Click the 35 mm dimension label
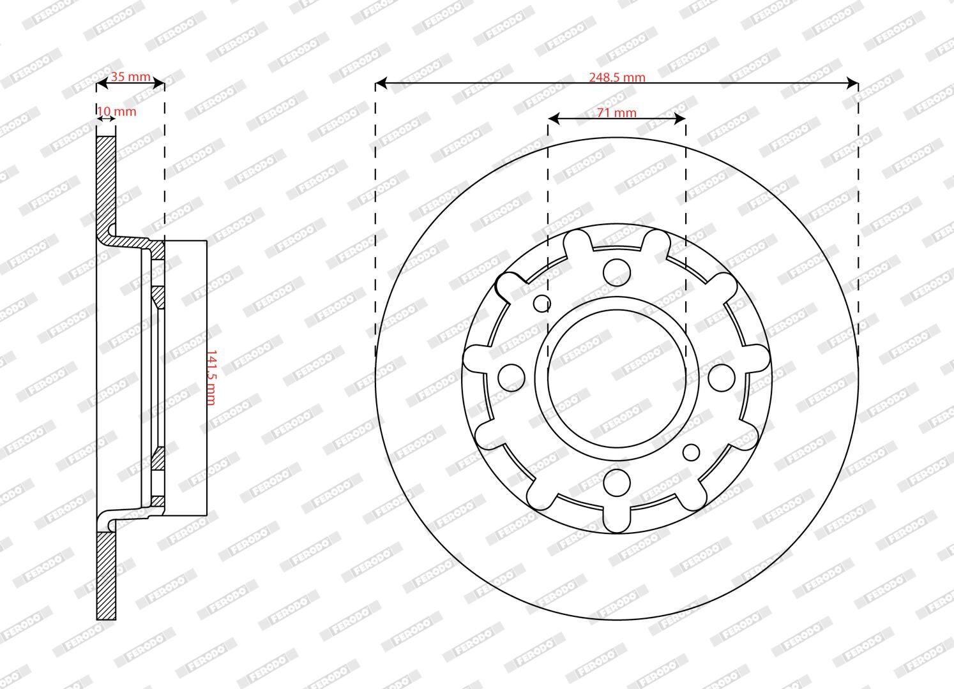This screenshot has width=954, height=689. point(130,77)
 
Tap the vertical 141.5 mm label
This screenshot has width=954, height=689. point(211,377)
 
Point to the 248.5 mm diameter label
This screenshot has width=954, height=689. point(617,77)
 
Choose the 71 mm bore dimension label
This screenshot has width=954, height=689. point(617,113)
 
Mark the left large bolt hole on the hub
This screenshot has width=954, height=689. point(510,377)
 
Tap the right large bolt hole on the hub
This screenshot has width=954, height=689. point(722,377)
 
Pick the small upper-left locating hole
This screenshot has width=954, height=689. point(541,303)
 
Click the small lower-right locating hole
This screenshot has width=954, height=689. point(691,452)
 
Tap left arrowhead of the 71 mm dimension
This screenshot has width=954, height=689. point(554,119)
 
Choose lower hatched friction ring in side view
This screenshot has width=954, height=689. point(106,574)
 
